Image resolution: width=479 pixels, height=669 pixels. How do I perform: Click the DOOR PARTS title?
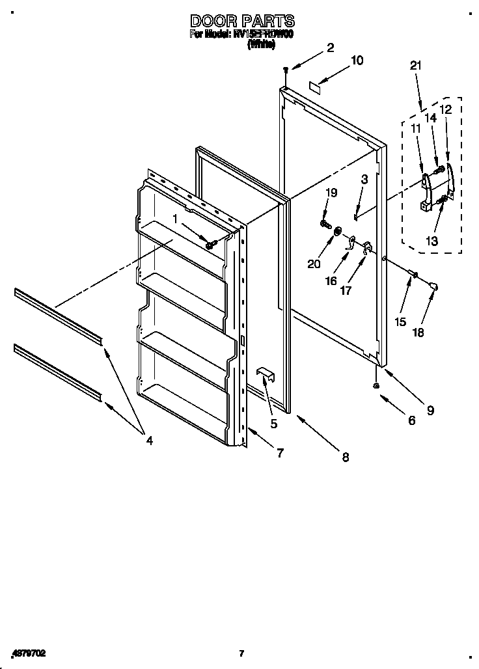pos(241,21)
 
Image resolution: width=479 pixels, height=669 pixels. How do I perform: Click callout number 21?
pos(417,65)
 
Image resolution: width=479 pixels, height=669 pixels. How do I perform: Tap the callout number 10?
pos(357,61)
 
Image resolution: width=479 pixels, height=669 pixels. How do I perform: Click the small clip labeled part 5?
pos(266,374)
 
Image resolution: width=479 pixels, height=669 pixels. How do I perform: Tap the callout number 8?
pos(345,457)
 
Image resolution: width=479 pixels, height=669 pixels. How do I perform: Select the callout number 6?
pos(411,420)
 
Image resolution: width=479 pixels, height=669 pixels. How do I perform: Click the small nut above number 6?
pos(377,386)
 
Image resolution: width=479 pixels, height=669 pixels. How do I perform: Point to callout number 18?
pos(418,332)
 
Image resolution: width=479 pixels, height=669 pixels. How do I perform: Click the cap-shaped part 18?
pos(434,284)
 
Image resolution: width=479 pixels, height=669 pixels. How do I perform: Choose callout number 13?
pos(432,240)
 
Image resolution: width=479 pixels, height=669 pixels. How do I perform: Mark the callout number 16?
pos(331,280)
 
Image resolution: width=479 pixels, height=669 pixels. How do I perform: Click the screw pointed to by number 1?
pos(210,244)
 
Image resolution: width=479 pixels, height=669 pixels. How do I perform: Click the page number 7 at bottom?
pos(241,653)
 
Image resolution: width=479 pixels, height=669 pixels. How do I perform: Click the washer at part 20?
pos(338,232)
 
